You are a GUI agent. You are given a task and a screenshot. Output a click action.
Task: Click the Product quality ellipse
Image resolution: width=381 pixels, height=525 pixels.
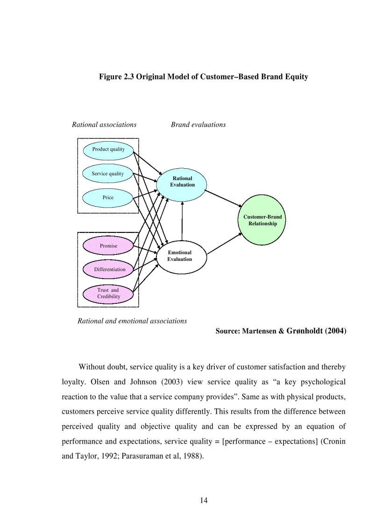click(108, 150)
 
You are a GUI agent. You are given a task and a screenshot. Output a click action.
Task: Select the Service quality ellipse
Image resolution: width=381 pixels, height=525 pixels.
click(108, 174)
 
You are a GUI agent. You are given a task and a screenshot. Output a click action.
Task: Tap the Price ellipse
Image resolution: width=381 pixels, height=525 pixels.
click(108, 198)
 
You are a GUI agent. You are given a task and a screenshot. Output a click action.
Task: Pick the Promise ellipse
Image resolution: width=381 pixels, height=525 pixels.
click(108, 246)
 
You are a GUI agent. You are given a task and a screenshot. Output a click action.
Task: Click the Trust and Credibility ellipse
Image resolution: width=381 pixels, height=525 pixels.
click(108, 294)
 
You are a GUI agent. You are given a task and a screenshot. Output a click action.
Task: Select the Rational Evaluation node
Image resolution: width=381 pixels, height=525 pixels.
click(182, 182)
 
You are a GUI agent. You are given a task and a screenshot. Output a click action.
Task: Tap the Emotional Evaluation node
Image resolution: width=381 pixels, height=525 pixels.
click(180, 257)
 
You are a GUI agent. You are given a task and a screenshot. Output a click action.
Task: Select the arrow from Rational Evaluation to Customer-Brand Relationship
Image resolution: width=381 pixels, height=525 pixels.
click(223, 198)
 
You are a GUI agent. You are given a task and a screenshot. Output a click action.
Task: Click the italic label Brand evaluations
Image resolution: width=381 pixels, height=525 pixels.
click(198, 125)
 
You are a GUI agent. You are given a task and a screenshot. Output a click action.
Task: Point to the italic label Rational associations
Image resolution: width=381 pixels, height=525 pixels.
click(104, 125)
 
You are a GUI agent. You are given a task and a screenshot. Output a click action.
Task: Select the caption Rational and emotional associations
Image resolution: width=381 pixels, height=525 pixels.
click(132, 321)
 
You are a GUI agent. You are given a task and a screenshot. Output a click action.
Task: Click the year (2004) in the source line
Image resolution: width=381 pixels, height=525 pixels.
click(335, 331)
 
